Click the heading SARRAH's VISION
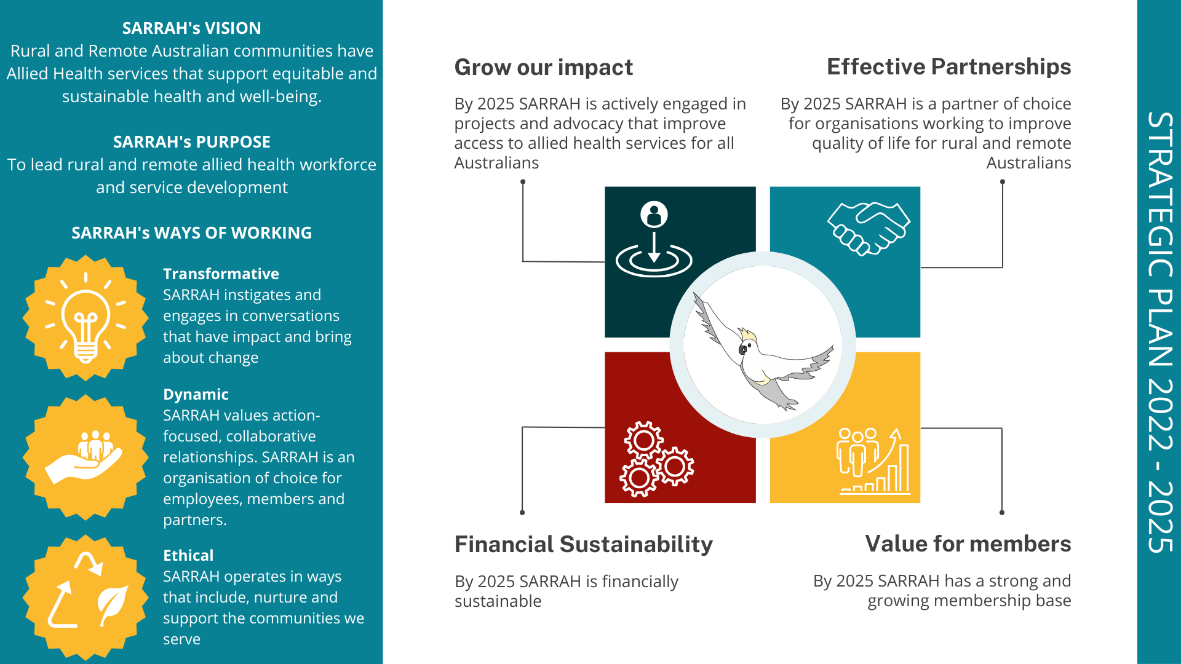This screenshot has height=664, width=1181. click(191, 28)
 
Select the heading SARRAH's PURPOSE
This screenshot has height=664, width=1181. click(191, 142)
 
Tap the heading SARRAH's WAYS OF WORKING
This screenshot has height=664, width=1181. click(191, 233)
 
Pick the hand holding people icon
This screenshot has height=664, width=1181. click(85, 457)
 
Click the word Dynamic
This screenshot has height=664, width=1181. click(196, 395)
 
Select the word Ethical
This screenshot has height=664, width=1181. click(188, 556)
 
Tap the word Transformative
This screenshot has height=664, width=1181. click(221, 274)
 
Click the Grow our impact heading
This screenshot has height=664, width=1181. click(543, 68)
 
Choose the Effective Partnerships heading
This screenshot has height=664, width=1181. click(948, 67)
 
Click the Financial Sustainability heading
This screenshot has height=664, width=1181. click(583, 545)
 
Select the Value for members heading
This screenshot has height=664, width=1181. click(968, 544)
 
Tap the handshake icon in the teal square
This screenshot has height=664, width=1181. click(868, 228)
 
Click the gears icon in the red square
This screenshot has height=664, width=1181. click(656, 459)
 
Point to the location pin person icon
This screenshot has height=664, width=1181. click(654, 240)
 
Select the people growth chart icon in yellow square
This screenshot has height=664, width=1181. click(873, 460)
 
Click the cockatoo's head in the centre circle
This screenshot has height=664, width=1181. click(747, 344)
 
